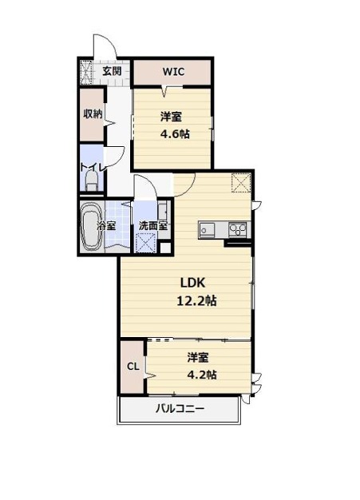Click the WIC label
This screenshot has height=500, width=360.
173,71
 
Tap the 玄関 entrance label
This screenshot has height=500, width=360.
112,71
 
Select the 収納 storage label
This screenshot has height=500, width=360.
93,114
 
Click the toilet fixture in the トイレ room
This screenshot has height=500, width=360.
92,182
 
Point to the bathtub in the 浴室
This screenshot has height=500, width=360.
92,227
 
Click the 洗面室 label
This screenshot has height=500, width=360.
153,226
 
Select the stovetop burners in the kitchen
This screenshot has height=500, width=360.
238,229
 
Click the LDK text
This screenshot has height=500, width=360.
192,283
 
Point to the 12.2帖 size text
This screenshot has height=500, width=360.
196,300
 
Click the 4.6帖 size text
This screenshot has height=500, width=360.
175,134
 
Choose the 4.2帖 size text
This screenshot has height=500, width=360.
202,374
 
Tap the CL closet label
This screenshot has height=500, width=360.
133,367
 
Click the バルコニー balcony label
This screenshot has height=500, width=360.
180,408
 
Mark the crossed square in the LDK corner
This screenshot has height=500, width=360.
241,182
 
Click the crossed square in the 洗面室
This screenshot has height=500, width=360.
145,243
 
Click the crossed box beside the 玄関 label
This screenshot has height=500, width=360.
85,72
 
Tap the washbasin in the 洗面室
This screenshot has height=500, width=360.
162,211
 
